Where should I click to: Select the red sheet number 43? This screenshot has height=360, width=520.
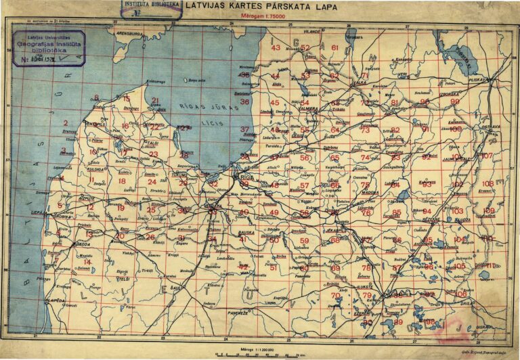tap(275, 48)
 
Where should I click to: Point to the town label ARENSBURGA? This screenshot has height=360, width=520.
tap(131, 32)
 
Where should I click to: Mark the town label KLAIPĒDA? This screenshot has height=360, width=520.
tap(56, 298)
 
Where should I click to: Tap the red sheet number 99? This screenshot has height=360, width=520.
tap(455, 102)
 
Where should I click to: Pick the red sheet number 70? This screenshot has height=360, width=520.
tap(335, 296)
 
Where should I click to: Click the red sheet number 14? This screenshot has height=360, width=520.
tap(87, 262)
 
